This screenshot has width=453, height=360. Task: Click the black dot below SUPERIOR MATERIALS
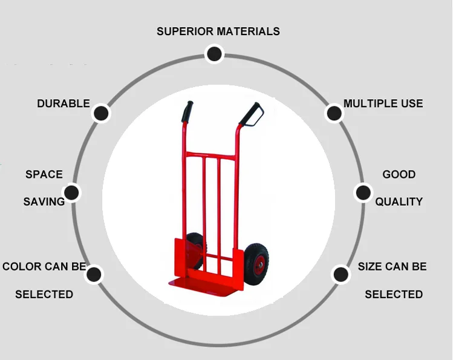click(x=213, y=54)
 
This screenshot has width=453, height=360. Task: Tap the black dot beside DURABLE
click(x=101, y=113)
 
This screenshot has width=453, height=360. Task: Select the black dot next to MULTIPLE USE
click(x=333, y=113)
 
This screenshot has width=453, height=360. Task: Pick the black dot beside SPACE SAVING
click(x=71, y=193)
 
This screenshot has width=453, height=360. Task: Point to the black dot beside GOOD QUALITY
click(x=362, y=193)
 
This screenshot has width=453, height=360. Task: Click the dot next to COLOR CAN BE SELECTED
click(x=94, y=275)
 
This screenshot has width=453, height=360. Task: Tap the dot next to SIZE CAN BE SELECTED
click(x=341, y=275)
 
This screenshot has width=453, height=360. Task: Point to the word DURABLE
click(x=63, y=104)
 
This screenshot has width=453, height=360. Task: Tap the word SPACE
click(x=44, y=175)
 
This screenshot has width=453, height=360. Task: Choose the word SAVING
click(x=44, y=202)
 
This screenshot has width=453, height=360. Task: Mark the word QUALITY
click(x=399, y=202)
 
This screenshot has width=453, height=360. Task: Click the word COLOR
click(x=22, y=267)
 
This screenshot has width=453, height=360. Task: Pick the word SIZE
click(x=370, y=267)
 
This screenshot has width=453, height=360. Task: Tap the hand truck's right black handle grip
click(x=252, y=113)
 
